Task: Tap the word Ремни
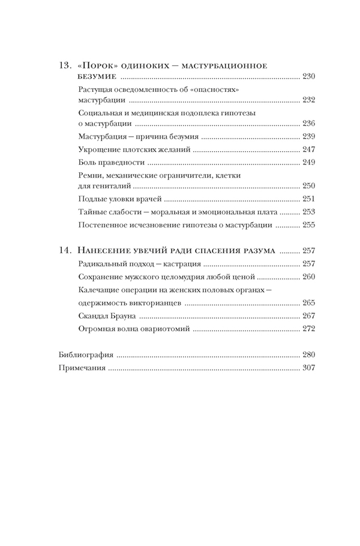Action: coord(91,175)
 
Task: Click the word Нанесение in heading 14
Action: coord(104,251)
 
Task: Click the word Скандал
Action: coord(95,316)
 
